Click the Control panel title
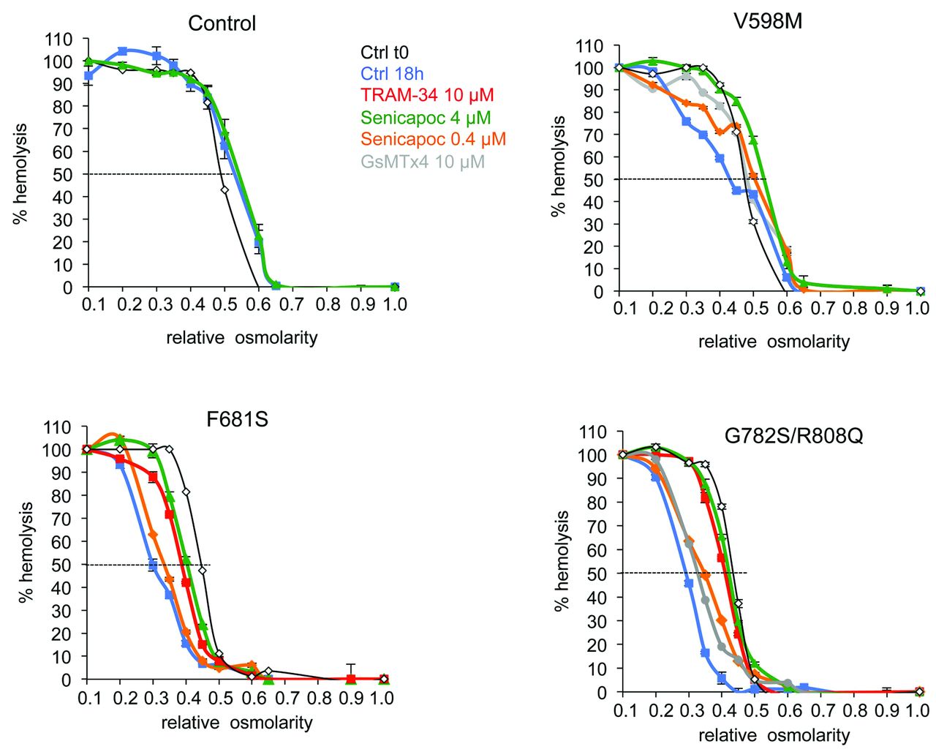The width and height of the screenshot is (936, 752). (x=222, y=23)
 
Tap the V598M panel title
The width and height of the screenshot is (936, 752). (x=767, y=21)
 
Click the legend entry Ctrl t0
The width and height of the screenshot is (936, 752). (x=385, y=53)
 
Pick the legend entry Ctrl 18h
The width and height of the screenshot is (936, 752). (x=392, y=74)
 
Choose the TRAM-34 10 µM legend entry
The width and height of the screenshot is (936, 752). (x=427, y=95)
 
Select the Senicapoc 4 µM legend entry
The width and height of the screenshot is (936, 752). (x=426, y=118)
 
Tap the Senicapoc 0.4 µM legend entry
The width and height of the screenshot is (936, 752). (x=433, y=139)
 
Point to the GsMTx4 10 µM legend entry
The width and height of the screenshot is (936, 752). (x=423, y=162)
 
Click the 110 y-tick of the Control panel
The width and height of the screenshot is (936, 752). (x=58, y=40)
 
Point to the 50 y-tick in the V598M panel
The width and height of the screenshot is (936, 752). (x=593, y=180)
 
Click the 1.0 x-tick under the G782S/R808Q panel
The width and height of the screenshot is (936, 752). (x=917, y=710)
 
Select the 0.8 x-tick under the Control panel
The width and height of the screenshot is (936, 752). (x=328, y=304)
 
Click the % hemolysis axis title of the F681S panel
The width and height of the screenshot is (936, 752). (x=26, y=552)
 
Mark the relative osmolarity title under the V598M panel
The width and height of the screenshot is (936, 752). (x=774, y=342)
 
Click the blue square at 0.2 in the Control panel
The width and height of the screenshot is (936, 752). (x=123, y=51)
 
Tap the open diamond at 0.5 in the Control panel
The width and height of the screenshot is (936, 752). (x=224, y=189)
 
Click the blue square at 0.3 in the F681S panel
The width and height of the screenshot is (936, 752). (x=153, y=565)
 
